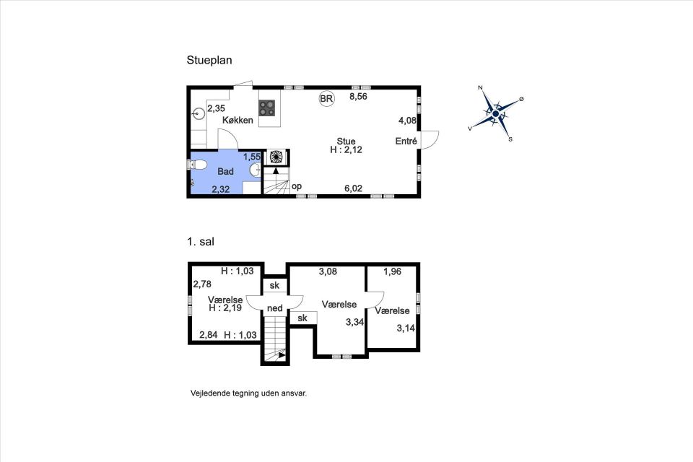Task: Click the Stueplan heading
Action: coord(209,60)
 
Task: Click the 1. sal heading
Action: coord(200,242)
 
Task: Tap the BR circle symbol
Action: coord(326,99)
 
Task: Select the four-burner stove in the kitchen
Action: coord(267,108)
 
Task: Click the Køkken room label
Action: coord(237,121)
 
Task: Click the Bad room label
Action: coord(225,172)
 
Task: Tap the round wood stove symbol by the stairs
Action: coord(276,157)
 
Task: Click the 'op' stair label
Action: coord(297,186)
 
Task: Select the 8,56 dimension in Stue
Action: coord(359,97)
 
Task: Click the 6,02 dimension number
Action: coord(353,188)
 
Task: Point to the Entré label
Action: coord(406,141)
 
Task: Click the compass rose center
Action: coord(495,113)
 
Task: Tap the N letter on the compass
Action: coord(481,87)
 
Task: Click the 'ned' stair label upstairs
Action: coord(274,308)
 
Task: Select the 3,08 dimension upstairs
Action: coord(328,271)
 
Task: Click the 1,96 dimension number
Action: coord(392,271)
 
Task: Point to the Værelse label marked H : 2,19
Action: coord(225,300)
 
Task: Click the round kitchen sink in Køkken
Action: coord(199,113)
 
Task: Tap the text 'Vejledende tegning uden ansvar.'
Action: coord(249,393)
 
